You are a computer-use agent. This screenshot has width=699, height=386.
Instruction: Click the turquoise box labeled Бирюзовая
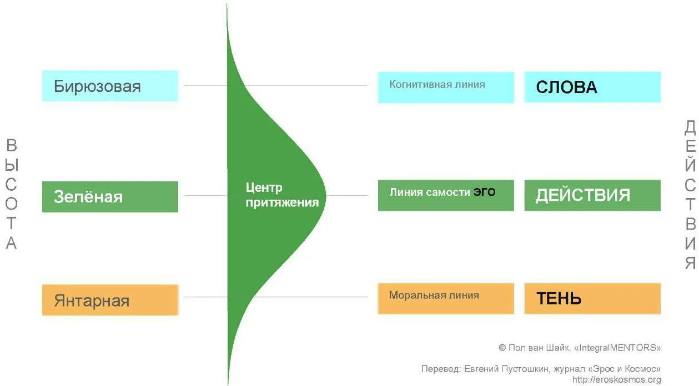click(110, 86)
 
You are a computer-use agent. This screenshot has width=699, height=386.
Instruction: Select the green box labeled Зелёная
click(110, 196)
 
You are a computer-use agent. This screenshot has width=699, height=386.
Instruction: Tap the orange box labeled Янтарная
click(110, 300)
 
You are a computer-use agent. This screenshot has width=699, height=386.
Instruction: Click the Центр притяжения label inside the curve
click(282, 195)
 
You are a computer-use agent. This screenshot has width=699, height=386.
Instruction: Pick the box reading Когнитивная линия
click(446, 87)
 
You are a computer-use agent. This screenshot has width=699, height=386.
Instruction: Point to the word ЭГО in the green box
click(484, 192)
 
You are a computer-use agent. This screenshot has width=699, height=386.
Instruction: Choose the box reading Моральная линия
click(446, 298)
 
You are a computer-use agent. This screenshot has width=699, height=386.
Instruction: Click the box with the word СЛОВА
click(592, 87)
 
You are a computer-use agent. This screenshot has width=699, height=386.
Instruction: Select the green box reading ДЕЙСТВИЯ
click(592, 195)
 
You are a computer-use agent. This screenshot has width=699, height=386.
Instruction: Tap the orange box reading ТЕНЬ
click(592, 298)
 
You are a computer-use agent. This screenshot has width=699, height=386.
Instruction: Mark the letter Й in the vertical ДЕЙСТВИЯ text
click(690, 165)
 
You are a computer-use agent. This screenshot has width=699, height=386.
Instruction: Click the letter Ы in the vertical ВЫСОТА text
click(12, 165)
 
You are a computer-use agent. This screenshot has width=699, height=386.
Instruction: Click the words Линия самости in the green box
click(429, 192)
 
